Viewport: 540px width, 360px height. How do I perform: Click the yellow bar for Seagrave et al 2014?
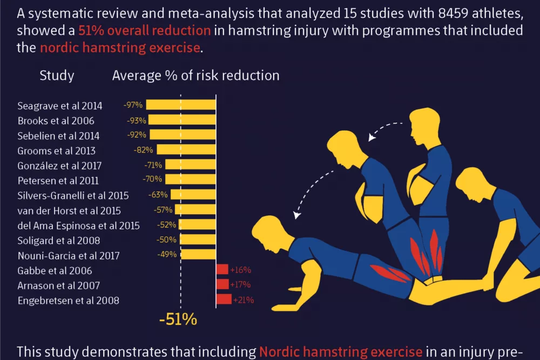pyautogui.click(x=181, y=105)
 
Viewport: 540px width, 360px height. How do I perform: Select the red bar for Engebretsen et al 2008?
pyautogui.click(x=224, y=299)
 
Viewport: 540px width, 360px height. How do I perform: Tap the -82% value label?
pyautogui.click(x=143, y=150)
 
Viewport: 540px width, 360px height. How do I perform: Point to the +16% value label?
pyautogui.click(x=240, y=270)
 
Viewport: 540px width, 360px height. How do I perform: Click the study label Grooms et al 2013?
pyautogui.click(x=57, y=151)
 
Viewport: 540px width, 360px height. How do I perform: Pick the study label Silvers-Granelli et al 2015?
pyautogui.click(x=73, y=195)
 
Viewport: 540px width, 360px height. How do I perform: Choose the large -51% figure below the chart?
pyautogui.click(x=178, y=319)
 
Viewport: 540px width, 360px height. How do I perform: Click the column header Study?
pyautogui.click(x=57, y=76)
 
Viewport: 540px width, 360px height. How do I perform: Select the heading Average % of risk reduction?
pyautogui.click(x=195, y=76)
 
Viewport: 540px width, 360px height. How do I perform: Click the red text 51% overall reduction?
pyautogui.click(x=144, y=30)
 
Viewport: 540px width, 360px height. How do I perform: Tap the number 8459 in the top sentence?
pyautogui.click(x=453, y=13)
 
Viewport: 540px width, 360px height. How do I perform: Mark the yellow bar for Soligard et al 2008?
pyautogui.click(x=198, y=239)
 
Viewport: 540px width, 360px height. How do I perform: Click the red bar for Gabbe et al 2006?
pyautogui.click(x=222, y=269)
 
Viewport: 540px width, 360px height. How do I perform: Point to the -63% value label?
pyautogui.click(x=158, y=194)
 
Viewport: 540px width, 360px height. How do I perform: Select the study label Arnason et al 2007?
pyautogui.click(x=59, y=286)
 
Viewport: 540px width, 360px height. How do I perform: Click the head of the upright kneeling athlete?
pyautogui.click(x=424, y=126)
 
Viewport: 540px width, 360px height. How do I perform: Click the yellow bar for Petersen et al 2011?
pyautogui.click(x=191, y=179)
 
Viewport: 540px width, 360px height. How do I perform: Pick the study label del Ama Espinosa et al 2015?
pyautogui.click(x=78, y=226)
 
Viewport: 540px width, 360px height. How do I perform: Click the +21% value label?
pyautogui.click(x=244, y=300)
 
